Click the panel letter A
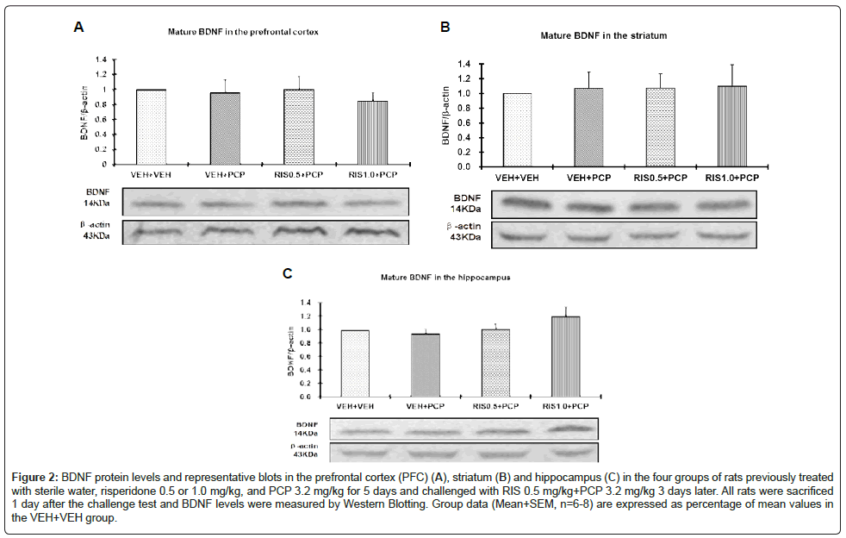(x=78, y=28)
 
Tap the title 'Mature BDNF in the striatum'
(x=603, y=36)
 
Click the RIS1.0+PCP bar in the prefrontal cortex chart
(x=373, y=132)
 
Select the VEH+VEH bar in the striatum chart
(x=518, y=129)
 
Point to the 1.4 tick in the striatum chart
(x=464, y=64)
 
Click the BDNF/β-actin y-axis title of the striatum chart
(x=448, y=116)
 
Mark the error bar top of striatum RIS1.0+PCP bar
(x=731, y=65)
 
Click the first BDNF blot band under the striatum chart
(x=525, y=204)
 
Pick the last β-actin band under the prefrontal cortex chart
(x=370, y=233)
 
